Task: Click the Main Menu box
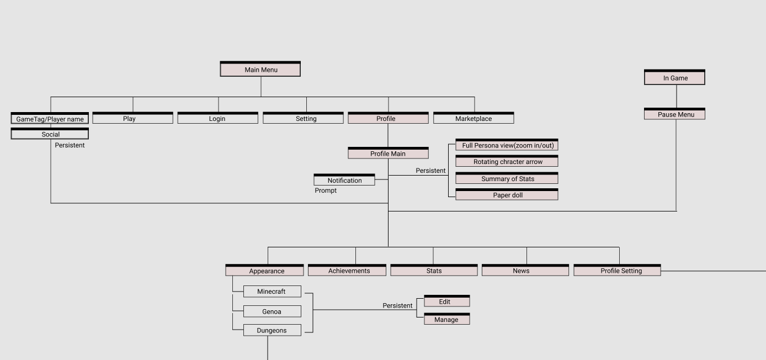[260, 70]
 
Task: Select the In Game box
[674, 78]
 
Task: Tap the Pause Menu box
[674, 114]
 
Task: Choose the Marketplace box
[474, 119]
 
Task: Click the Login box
[217, 119]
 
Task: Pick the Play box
[132, 119]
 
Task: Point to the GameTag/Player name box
[50, 119]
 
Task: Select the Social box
[50, 134]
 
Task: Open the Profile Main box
[388, 153]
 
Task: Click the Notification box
[344, 181]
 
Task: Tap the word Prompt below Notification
[326, 190]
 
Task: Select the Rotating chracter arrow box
[507, 162]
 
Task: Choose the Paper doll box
[507, 195]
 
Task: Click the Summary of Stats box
[507, 179]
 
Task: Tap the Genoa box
[272, 311]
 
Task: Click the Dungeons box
[272, 330]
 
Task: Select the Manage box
[446, 320]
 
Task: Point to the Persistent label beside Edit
[397, 305]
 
